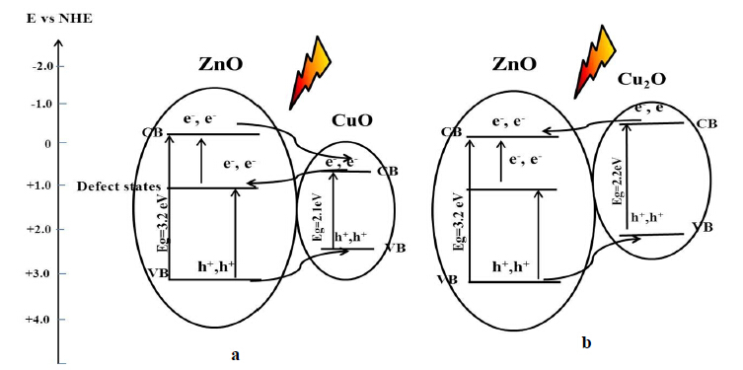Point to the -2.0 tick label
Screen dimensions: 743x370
click(x=42, y=66)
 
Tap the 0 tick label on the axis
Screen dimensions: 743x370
click(x=47, y=143)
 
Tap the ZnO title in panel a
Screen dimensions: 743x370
click(x=220, y=64)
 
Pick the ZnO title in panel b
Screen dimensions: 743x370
click(x=514, y=63)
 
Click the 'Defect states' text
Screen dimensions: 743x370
click(x=119, y=186)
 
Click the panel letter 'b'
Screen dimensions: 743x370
click(x=587, y=342)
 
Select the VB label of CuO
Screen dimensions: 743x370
click(x=396, y=248)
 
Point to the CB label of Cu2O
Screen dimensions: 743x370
click(x=707, y=124)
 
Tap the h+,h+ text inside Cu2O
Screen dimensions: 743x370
click(x=647, y=217)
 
